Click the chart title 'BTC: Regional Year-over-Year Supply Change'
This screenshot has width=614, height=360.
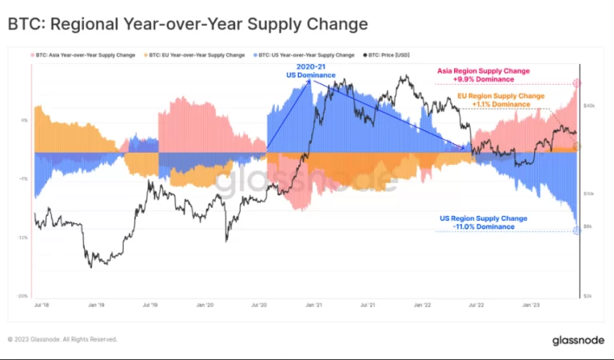pyautogui.click(x=188, y=24)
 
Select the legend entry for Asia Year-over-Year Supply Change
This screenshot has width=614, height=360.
pyautogui.click(x=83, y=55)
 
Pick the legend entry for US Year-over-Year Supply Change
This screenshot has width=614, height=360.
pyautogui.click(x=305, y=55)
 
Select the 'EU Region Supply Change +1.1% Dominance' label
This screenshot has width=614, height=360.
pyautogui.click(x=500, y=100)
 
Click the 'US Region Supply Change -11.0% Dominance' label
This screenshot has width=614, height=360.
pyautogui.click(x=483, y=222)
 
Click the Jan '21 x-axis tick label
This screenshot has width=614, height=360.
pyautogui.click(x=313, y=305)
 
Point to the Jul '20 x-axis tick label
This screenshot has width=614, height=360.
pyautogui.click(x=258, y=305)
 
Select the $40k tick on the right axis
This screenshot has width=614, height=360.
pyautogui.click(x=588, y=105)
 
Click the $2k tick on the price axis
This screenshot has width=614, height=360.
pyautogui.click(x=588, y=295)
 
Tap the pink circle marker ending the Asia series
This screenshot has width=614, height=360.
pyautogui.click(x=577, y=83)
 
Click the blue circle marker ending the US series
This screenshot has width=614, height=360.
pyautogui.click(x=577, y=231)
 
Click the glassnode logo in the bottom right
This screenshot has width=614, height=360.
pyautogui.click(x=577, y=340)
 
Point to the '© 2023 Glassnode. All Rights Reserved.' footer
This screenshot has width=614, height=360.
pyautogui.click(x=62, y=339)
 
